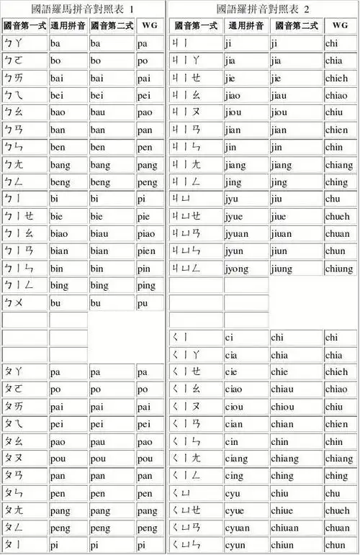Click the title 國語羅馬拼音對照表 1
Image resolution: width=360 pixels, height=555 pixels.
coord(84,9)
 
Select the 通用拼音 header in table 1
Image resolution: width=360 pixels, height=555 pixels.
coord(68,25)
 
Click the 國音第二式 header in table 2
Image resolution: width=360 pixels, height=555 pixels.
coord(297,25)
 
